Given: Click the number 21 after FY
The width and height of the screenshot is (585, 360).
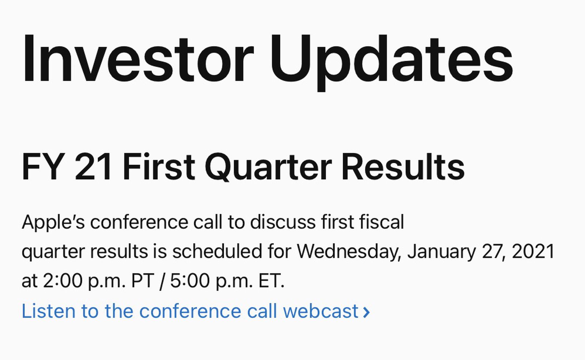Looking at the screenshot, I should click(x=93, y=167).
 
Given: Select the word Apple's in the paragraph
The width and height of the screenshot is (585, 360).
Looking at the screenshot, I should click(x=53, y=222).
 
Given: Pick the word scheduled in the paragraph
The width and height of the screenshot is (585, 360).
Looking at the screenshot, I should click(x=217, y=252).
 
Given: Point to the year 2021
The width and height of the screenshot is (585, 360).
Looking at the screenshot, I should click(x=533, y=252).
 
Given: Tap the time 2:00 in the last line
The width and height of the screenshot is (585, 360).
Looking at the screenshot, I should click(x=63, y=281).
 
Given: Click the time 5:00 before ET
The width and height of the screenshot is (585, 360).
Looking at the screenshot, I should click(x=190, y=281).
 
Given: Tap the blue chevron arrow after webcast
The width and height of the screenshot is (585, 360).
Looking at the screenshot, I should click(x=366, y=312).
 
